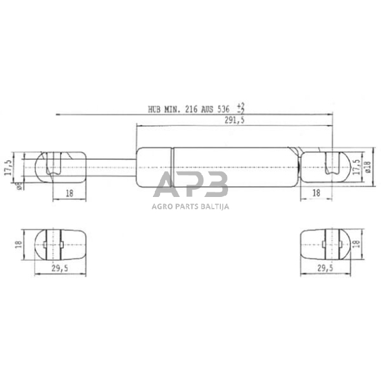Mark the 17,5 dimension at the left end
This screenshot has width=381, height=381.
coord(8,166)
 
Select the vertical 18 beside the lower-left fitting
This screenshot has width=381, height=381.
coord(20,245)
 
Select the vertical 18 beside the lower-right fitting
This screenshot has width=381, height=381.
coord(356,245)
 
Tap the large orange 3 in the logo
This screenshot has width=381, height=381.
coord(213,185)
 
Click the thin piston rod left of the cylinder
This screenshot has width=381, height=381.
coord(110,166)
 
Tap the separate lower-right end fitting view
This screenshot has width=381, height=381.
coord(326,244)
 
